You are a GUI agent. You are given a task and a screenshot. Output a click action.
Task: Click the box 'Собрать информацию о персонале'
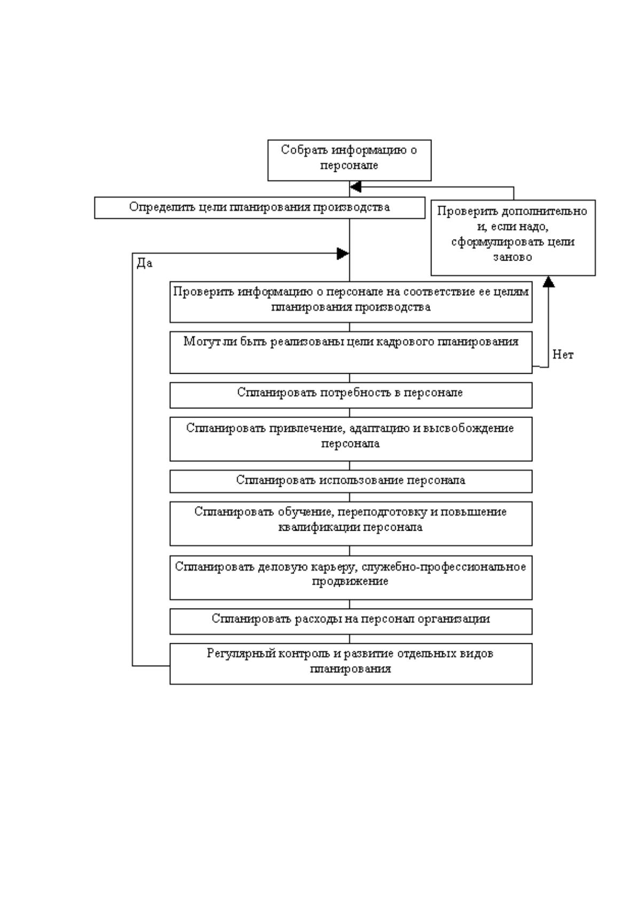(349, 160)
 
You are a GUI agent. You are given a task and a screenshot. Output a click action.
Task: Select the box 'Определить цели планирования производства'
(260, 208)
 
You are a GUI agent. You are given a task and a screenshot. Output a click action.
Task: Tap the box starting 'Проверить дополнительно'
(513, 238)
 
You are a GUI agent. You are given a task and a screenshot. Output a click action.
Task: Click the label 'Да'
(145, 263)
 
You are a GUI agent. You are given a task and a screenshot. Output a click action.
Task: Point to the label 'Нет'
(563, 354)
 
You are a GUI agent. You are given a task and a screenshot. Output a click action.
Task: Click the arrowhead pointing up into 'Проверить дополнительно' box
(548, 281)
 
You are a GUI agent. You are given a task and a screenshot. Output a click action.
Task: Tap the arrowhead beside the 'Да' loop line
(343, 254)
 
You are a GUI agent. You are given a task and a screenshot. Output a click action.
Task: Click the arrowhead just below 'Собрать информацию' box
(355, 187)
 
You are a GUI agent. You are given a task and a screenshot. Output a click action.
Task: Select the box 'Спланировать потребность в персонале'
(351, 396)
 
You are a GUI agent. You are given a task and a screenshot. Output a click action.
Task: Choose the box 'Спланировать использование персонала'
(351, 481)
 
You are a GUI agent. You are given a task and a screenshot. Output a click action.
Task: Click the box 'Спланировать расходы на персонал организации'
(351, 621)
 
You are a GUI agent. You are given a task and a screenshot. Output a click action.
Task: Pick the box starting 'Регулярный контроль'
(351, 664)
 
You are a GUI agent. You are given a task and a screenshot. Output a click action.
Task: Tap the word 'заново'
(513, 257)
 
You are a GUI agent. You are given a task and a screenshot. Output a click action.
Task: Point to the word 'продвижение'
(350, 581)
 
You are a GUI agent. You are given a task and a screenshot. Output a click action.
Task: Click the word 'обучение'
(305, 512)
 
